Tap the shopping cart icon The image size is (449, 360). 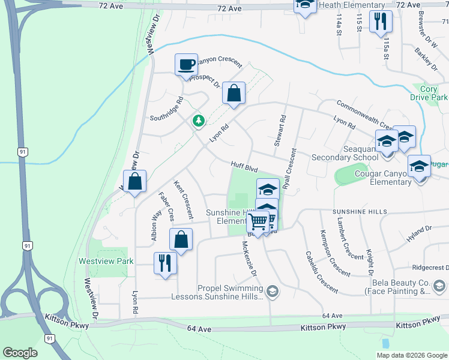(x=258, y=221)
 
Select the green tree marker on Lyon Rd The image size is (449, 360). (x=198, y=121)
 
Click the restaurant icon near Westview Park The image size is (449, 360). (x=164, y=263)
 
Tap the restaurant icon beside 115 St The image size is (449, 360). (x=381, y=22)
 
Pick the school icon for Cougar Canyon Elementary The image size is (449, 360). (x=419, y=166)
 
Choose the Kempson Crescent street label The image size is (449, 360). (x=336, y=253)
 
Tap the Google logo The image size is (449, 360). (x=20, y=352)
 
